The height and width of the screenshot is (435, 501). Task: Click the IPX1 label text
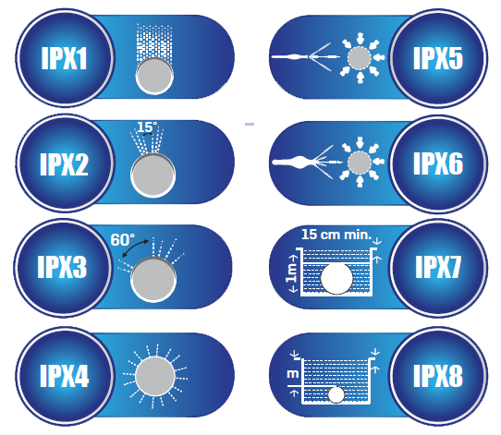(x=64, y=58)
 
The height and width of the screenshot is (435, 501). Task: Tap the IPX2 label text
(x=64, y=163)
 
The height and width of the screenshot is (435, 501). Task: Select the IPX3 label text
(x=62, y=267)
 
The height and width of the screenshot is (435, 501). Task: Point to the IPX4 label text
(x=64, y=376)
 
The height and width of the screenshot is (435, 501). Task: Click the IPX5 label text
(x=438, y=58)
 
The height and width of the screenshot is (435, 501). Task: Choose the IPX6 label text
(x=438, y=163)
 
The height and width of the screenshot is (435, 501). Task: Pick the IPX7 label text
(x=438, y=267)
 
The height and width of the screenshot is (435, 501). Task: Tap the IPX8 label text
(x=438, y=376)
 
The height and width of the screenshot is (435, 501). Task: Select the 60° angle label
(x=122, y=240)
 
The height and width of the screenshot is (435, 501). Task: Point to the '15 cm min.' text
(x=336, y=235)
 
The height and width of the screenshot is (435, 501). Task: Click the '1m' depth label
(x=291, y=274)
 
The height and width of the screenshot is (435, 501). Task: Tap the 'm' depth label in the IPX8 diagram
(x=293, y=374)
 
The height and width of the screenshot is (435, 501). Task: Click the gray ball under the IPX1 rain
(x=154, y=76)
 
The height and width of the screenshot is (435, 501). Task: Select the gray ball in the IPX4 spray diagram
(x=155, y=376)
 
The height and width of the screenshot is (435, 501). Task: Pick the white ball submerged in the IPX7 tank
(x=336, y=278)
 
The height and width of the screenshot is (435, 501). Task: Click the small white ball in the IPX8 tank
(x=336, y=394)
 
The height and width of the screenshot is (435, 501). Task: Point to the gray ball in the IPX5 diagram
(x=360, y=58)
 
